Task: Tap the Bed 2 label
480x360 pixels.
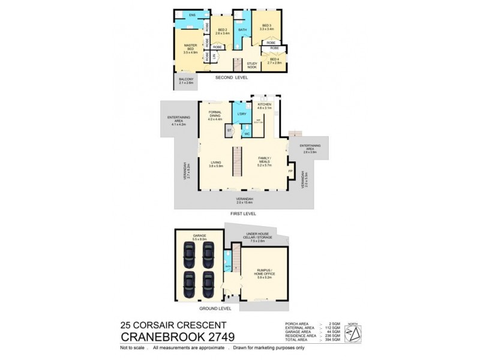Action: pos(222,31)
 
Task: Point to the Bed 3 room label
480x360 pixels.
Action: pos(266,25)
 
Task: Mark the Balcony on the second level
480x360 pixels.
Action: pos(186,82)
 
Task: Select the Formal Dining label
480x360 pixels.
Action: pos(215,115)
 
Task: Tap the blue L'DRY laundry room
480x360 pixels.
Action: pos(242,114)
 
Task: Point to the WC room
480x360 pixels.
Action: pos(247,134)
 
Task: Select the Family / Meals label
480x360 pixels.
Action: pos(265,163)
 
